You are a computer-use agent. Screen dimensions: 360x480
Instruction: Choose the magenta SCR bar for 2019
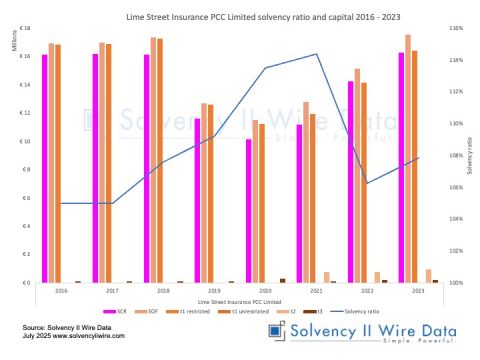(x=197, y=200)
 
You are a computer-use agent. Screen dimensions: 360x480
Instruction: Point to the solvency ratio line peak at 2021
(x=316, y=54)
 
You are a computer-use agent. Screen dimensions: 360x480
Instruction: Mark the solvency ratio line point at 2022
(x=367, y=183)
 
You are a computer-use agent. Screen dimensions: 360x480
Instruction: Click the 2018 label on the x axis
(x=163, y=291)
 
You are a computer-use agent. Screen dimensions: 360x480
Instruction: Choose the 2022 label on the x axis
(x=367, y=291)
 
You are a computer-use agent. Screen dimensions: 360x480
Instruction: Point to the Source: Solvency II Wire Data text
(x=64, y=328)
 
